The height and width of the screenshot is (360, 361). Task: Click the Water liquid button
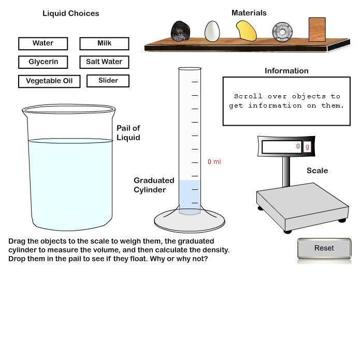(43, 43)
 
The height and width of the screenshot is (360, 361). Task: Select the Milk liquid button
(104, 43)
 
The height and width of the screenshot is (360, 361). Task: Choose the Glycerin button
(43, 62)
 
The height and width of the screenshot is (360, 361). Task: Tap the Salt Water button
(104, 62)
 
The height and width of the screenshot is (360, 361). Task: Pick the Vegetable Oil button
(49, 81)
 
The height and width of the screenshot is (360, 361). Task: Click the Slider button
(108, 81)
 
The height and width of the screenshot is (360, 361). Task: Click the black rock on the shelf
(180, 31)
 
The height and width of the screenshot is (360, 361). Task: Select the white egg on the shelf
(212, 31)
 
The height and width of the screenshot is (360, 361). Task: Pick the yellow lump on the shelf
(247, 31)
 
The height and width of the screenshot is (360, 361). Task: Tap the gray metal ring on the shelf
(282, 32)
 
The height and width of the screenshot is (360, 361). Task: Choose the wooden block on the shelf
(317, 29)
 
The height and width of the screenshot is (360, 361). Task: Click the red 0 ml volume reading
(214, 162)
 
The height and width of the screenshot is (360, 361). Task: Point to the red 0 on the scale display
(298, 146)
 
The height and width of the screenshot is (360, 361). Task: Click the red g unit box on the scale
(307, 146)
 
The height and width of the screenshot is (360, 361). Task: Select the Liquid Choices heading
(70, 13)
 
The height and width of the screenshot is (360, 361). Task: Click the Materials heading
(249, 13)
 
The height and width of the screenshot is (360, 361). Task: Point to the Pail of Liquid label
(128, 132)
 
